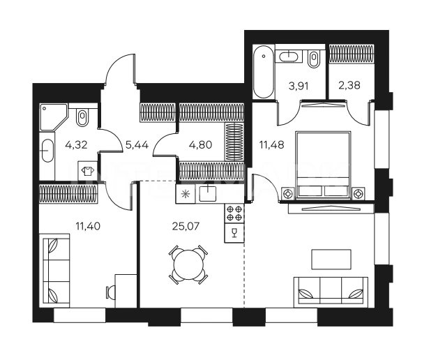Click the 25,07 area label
186,226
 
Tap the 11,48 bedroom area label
271,145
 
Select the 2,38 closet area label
349,85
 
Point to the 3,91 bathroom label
299,87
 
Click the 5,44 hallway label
137,145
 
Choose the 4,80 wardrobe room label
200,145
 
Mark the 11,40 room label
88,226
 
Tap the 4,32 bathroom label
76,145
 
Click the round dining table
188,265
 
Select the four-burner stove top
234,213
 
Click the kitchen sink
208,193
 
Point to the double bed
323,165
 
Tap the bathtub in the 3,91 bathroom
264,72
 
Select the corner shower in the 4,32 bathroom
53,117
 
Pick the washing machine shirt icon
87,171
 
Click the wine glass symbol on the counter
234,232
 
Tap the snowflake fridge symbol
185,194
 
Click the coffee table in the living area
331,260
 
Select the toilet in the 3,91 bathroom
314,59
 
